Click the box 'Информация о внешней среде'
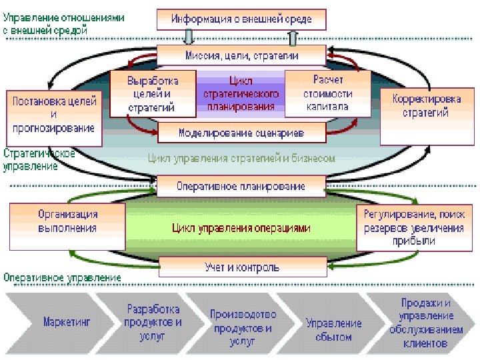pos(241,19)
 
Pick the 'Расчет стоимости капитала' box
pos(327,93)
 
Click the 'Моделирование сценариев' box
pos(241,133)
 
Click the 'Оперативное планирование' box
pos(241,186)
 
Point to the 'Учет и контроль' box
pos(241,267)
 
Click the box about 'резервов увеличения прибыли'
pos(414,227)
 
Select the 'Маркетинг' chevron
pos(67,322)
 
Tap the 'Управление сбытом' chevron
pos(333,329)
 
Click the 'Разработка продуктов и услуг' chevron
pos(153,322)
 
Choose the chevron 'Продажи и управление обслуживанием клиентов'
pos(425,323)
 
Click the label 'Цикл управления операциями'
pos(241,228)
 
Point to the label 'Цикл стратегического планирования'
pos(240,93)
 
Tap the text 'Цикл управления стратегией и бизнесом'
pos(241,159)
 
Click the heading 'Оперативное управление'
pos(63,277)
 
